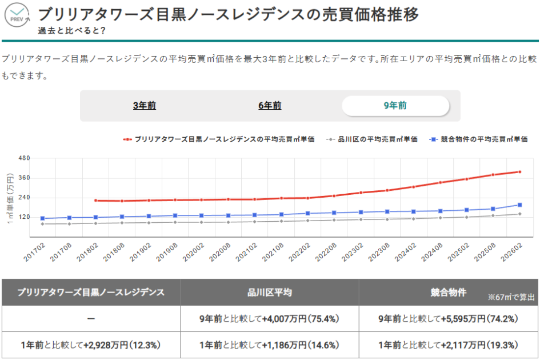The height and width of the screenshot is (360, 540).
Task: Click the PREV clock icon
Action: point(18,16)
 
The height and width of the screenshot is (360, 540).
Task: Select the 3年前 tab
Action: point(144,106)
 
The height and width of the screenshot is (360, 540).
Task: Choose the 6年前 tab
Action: point(270,106)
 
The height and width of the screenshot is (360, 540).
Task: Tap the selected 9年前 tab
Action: point(395,106)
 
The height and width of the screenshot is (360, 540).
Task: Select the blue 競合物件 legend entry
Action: point(479,139)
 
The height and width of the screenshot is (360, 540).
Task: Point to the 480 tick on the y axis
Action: point(25,158)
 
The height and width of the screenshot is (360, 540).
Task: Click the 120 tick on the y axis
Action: point(25,217)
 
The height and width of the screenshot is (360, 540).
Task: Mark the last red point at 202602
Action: point(519,171)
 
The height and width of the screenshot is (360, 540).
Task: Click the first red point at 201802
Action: point(95,201)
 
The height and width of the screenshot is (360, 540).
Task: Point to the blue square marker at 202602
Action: point(519,205)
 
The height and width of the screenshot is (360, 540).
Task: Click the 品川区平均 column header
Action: point(270,293)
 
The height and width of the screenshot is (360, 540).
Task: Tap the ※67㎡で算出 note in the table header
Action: point(511,298)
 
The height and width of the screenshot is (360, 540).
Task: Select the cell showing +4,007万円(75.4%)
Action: point(270,319)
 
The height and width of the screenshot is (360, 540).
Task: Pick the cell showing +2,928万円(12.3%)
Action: point(91,345)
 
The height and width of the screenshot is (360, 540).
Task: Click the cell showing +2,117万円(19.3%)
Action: point(449,345)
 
